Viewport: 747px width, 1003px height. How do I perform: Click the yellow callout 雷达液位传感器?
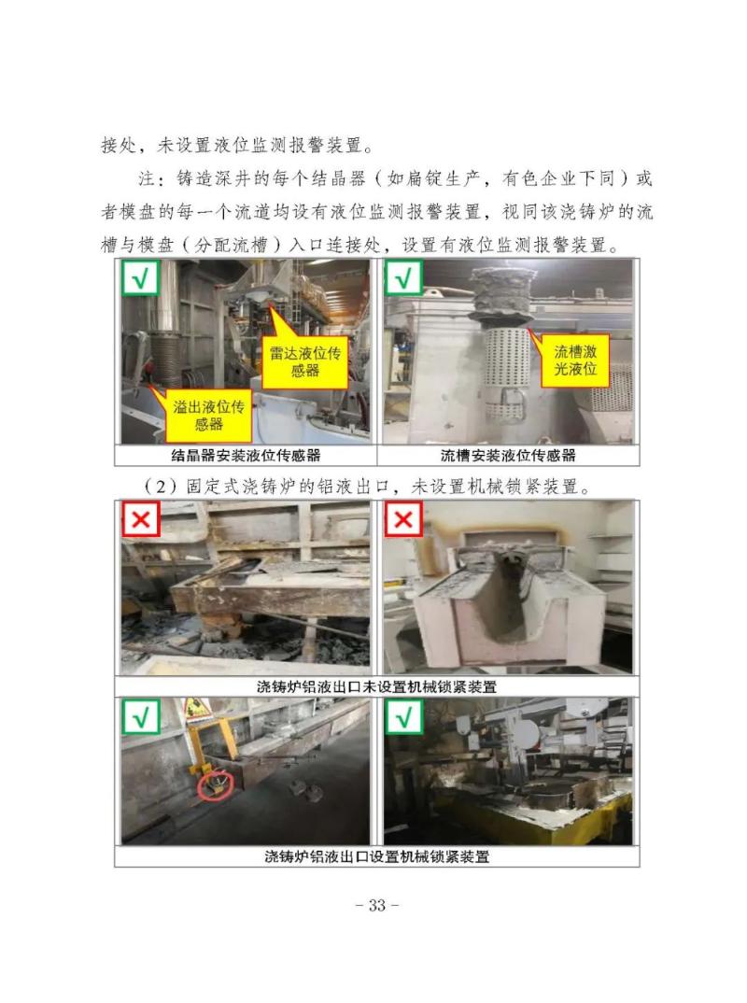pyautogui.click(x=305, y=362)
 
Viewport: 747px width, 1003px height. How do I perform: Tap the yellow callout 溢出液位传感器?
pyautogui.click(x=208, y=416)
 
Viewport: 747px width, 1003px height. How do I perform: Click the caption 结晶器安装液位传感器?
pyautogui.click(x=247, y=456)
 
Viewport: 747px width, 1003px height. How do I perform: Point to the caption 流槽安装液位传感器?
pyautogui.click(x=509, y=456)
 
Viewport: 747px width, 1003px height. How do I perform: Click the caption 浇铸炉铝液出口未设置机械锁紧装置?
pyautogui.click(x=376, y=687)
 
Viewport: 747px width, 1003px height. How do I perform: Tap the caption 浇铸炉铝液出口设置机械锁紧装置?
pyautogui.click(x=376, y=855)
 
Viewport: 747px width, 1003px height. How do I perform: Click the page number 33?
pyautogui.click(x=376, y=905)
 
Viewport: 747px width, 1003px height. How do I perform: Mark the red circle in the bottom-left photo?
pyautogui.click(x=213, y=786)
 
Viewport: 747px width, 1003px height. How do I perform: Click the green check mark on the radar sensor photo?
pyautogui.click(x=141, y=278)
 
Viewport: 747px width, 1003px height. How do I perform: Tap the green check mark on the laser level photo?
pyautogui.click(x=403, y=278)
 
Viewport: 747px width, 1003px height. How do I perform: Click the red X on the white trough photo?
pyautogui.click(x=403, y=518)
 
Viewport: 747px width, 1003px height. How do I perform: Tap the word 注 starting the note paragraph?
pyautogui.click(x=147, y=179)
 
